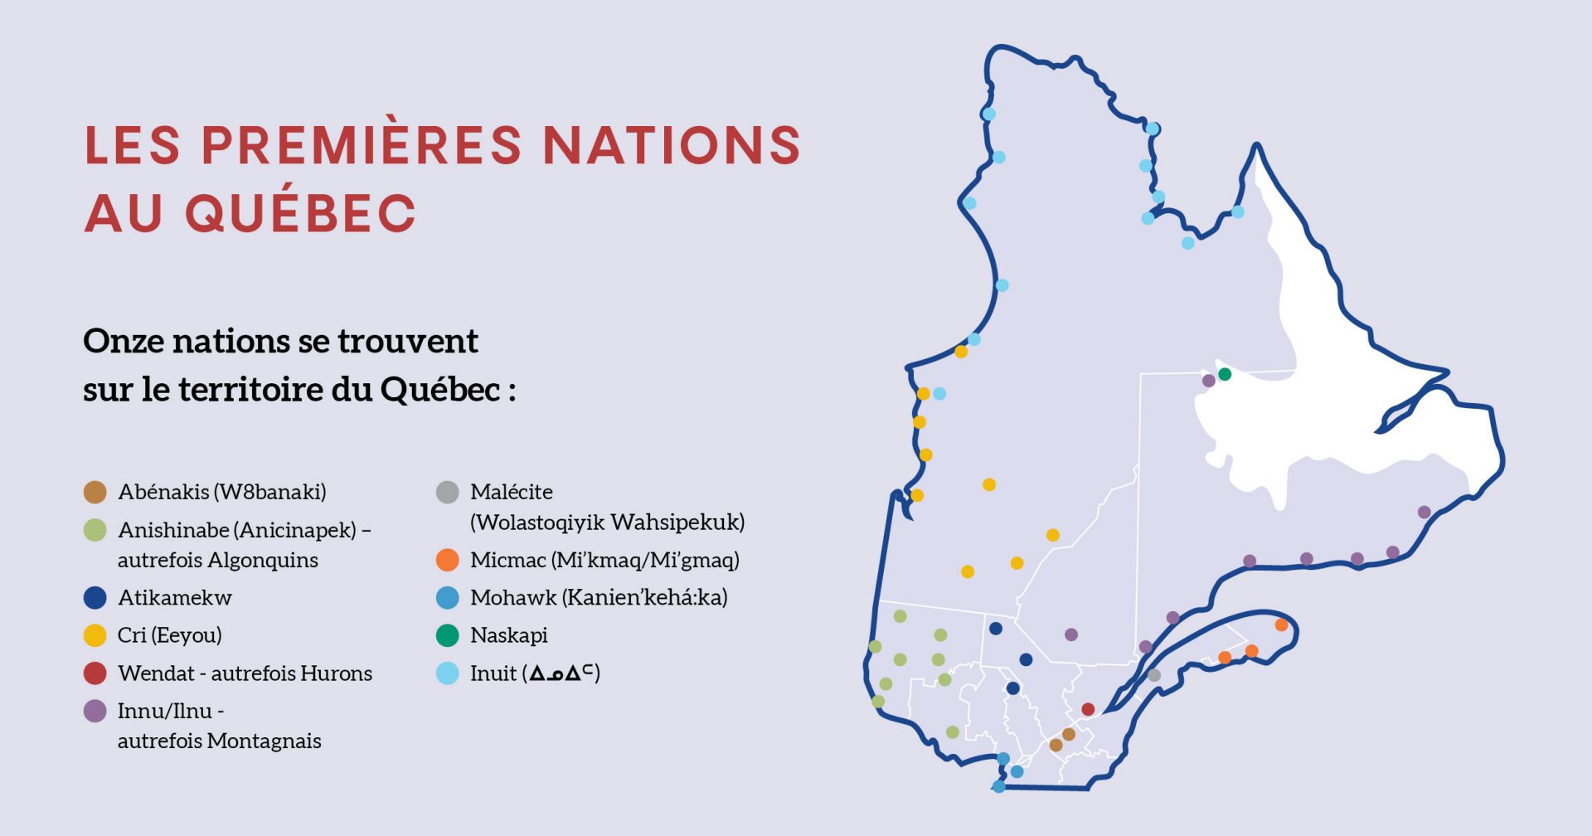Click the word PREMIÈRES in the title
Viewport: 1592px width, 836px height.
click(x=362, y=146)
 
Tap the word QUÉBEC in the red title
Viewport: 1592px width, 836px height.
click(x=299, y=212)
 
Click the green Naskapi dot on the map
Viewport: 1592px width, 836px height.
click(x=1225, y=374)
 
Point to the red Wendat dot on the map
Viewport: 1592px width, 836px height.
click(x=1088, y=709)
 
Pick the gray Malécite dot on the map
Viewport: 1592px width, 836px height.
click(x=1154, y=675)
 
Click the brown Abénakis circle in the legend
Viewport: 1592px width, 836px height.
click(x=95, y=492)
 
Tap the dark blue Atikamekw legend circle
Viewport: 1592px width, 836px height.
click(x=95, y=597)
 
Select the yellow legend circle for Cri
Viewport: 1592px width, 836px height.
click(x=95, y=635)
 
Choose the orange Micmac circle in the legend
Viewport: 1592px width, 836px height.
click(x=448, y=560)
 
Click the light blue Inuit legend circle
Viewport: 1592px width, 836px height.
click(x=448, y=673)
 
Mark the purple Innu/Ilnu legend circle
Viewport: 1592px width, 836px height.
click(x=95, y=711)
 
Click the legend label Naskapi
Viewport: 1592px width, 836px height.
click(x=508, y=635)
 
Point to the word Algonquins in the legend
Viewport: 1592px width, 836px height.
click(x=263, y=561)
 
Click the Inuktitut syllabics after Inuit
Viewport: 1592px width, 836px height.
click(x=562, y=673)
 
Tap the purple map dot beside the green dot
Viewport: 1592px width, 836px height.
click(x=1209, y=381)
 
